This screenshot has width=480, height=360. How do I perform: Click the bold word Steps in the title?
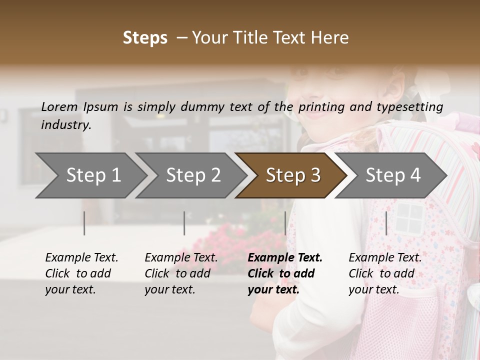pos(145,38)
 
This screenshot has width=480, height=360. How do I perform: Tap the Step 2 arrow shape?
pos(190,175)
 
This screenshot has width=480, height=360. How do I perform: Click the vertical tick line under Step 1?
pos(84,223)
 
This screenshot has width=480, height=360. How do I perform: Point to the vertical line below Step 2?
pos(184,223)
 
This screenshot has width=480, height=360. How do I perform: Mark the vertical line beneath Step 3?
pos(285,223)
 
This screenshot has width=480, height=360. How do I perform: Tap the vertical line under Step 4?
pos(386,223)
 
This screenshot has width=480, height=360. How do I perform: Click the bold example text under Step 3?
pos(284,273)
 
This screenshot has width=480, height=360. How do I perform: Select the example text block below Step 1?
pos(81,273)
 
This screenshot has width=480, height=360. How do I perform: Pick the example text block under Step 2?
pos(181,273)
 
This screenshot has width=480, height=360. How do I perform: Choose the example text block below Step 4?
pos(385,273)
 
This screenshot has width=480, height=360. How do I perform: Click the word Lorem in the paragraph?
pos(59,106)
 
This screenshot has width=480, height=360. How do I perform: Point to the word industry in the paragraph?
pos(65,124)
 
